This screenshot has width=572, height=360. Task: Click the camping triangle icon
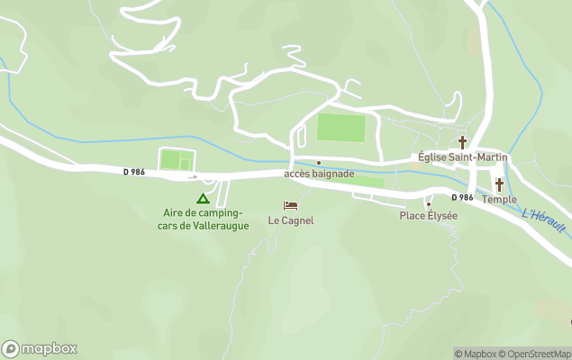point(203,198)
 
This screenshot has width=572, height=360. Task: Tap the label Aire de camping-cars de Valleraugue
point(203,219)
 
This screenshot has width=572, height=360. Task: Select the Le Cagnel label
point(291,220)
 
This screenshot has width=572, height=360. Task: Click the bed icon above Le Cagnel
point(290,206)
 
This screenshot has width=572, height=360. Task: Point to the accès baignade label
point(319,174)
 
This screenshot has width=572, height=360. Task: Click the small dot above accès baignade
point(318,163)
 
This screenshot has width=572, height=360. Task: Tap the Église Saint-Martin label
point(463,157)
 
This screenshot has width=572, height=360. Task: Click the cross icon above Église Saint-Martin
point(463,142)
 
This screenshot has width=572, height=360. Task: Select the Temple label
point(499,199)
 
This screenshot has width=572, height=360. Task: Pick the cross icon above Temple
point(499,184)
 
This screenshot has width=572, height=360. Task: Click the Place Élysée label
point(429,216)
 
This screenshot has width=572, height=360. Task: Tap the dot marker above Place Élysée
point(429,204)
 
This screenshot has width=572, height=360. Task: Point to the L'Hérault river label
point(543,220)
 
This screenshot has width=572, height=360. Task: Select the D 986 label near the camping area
point(134,171)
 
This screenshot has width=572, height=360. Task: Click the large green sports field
point(341,128)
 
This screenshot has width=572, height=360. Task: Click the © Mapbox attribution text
point(475,354)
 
